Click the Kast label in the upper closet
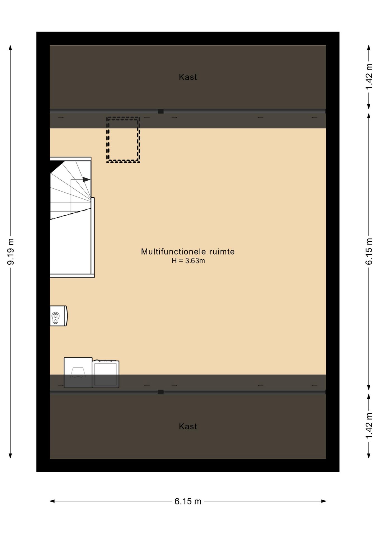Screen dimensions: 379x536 coord(188,77)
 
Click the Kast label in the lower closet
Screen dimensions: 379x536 coord(188,426)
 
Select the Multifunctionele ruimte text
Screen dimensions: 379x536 coord(188,252)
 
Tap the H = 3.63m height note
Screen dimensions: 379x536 coord(188,261)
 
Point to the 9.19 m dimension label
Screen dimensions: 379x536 coord(11,252)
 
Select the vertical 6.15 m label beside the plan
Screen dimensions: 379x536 coord(369,251)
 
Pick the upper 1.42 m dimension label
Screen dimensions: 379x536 coord(369,77)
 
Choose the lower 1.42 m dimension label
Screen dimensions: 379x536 coord(369,425)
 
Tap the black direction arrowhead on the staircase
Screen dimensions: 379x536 coord(87,180)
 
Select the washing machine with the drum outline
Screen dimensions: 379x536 coord(78,373)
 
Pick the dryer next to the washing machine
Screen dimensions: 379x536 coord(106,374)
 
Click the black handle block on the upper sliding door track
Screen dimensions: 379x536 coord(160,111)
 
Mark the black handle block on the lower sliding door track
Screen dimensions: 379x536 coord(160,392)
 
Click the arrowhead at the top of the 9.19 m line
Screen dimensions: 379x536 coord(11,47)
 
